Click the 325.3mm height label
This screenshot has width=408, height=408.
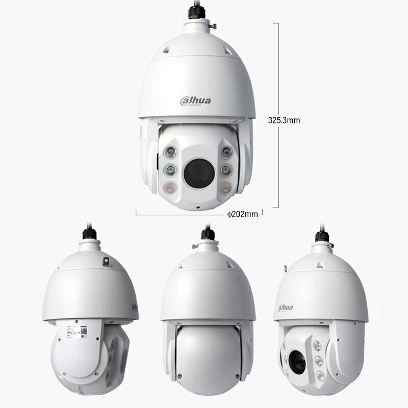(284, 120)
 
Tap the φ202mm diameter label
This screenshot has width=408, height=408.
(243, 214)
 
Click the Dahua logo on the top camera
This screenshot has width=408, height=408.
(195, 100)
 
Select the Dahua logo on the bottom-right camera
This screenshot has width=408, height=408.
(286, 308)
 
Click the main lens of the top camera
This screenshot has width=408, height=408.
(198, 172)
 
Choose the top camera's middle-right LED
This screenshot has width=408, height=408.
(226, 170)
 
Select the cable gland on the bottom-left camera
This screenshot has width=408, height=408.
(90, 234)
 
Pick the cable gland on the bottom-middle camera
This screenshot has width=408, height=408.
(208, 235)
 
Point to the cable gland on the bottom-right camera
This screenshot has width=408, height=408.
(322, 237)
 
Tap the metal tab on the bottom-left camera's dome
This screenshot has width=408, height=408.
(106, 261)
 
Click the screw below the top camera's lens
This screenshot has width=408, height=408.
(199, 208)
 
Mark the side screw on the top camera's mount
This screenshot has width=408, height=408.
(213, 25)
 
